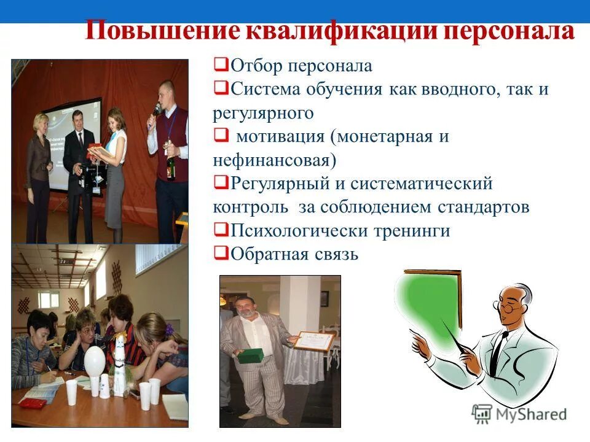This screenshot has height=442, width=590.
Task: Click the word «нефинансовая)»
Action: tap(275, 161)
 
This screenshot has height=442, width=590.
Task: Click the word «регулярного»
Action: tap(264, 113)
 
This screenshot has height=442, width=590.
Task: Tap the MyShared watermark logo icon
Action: tap(482, 414)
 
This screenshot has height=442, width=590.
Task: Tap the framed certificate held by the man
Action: tap(313, 341)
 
